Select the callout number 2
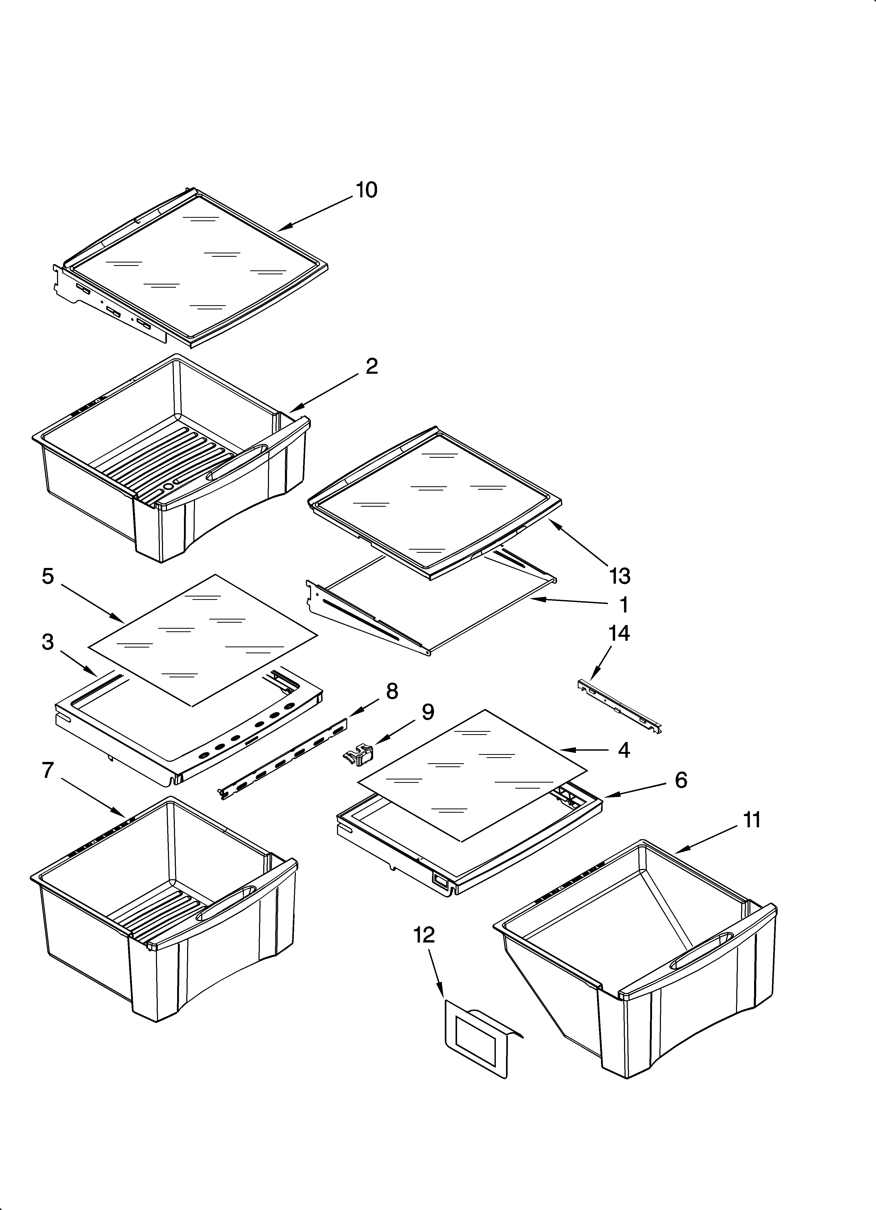tap(372, 366)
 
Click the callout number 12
tap(424, 935)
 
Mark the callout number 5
tap(48, 576)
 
